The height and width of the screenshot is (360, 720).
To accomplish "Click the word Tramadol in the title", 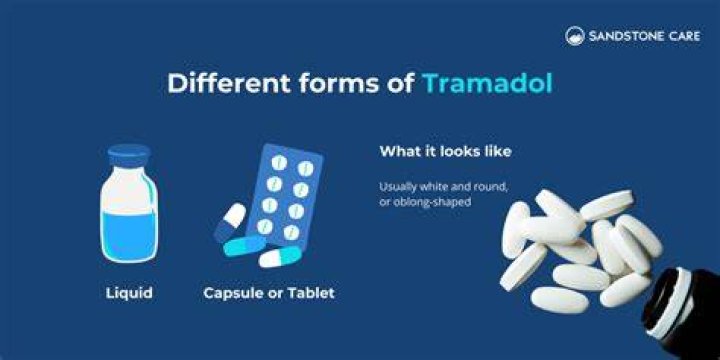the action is tap(487, 83).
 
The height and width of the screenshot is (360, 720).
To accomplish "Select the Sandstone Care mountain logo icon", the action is tap(575, 36).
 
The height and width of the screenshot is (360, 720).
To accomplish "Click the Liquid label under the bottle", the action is tap(129, 292).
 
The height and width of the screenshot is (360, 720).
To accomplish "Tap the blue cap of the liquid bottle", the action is tap(129, 156).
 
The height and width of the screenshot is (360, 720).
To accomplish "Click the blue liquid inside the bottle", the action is tap(129, 236).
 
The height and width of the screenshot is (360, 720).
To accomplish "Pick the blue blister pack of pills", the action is tap(285, 196).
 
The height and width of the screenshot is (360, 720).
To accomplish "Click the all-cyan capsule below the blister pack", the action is tap(244, 246).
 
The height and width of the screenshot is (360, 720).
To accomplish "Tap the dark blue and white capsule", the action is tap(230, 222).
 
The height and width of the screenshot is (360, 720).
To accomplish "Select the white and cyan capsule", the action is tap(280, 257).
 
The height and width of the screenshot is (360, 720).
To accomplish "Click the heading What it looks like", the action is tap(445, 152).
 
